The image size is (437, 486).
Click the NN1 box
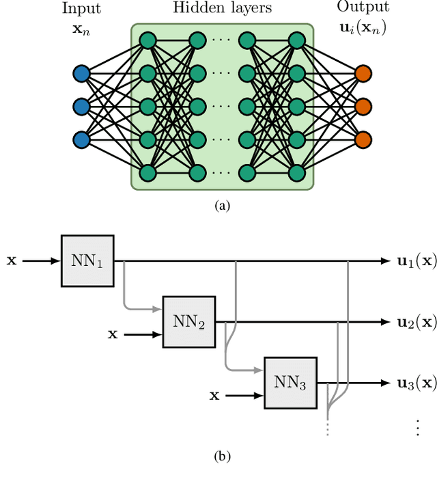(87, 260)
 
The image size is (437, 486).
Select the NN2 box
(188, 321)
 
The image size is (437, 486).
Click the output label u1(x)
(416, 260)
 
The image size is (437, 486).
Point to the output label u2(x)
(416, 321)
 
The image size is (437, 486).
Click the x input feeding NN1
(12, 260)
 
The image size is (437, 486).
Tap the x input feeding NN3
(214, 395)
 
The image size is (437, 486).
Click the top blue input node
(81, 73)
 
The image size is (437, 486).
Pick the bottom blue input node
(81, 139)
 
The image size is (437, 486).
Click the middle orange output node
(363, 107)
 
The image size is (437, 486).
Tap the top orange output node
(363, 73)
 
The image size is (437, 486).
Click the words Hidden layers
(223, 9)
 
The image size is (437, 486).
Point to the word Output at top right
(363, 8)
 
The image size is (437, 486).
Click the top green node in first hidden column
(147, 40)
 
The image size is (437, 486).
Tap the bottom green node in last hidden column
(296, 173)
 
